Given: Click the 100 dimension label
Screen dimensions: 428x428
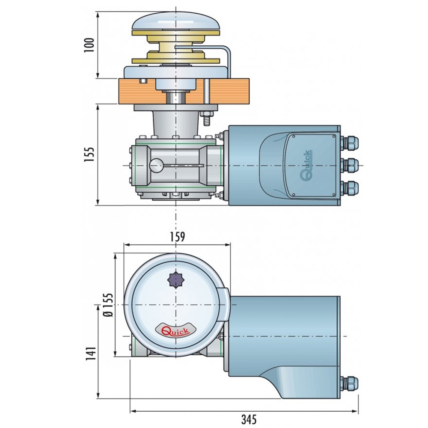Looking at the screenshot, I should [x=89, y=45].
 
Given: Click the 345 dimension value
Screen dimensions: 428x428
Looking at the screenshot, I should [x=243, y=419].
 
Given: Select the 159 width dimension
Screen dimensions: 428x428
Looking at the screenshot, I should [x=177, y=237].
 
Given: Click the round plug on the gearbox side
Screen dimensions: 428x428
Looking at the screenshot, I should [x=156, y=165].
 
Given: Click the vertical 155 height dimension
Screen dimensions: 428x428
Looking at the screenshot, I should [x=89, y=155].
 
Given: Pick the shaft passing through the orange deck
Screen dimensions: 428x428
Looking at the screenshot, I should [x=176, y=96].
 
